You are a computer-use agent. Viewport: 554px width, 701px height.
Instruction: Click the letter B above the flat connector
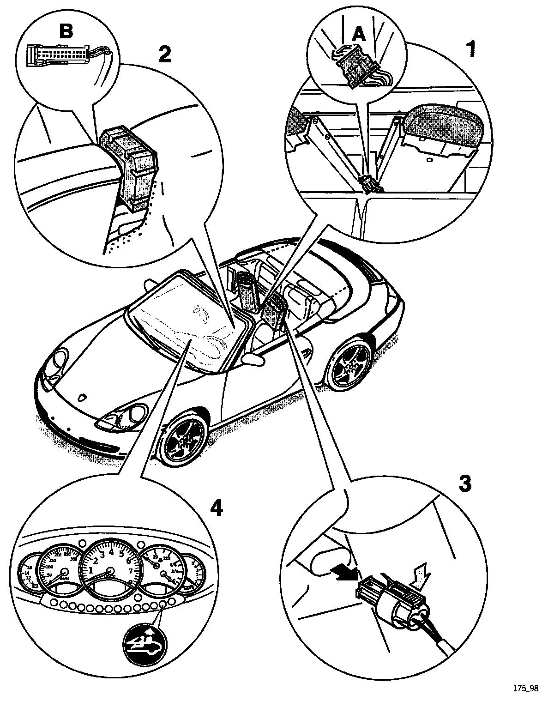click(x=66, y=32)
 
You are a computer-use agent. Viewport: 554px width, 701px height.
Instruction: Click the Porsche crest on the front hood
click(x=83, y=397)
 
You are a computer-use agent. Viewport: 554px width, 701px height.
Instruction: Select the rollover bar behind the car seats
click(x=247, y=290)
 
